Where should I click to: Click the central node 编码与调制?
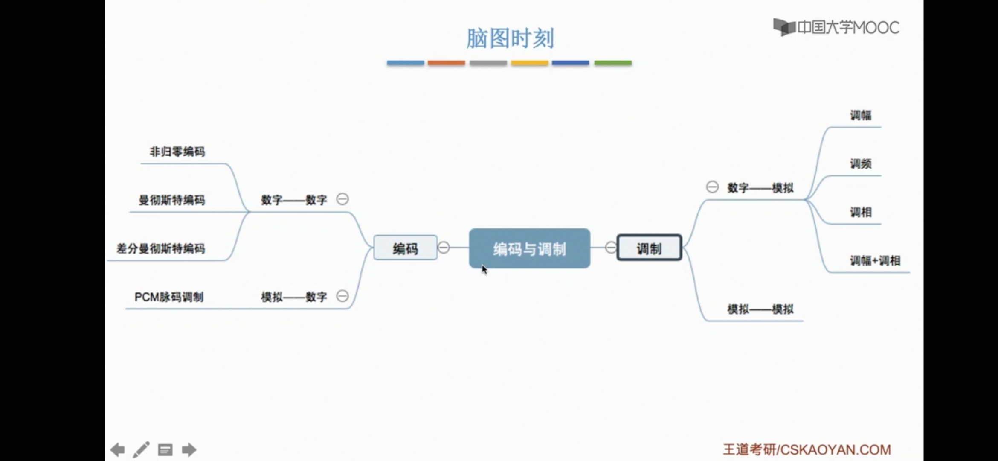pyautogui.click(x=529, y=248)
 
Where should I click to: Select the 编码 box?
pyautogui.click(x=405, y=248)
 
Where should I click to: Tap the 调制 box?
pyautogui.click(x=649, y=248)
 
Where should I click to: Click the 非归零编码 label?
pyautogui.click(x=177, y=152)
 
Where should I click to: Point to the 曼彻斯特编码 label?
pyautogui.click(x=171, y=200)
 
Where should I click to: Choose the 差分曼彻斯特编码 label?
pyautogui.click(x=161, y=248)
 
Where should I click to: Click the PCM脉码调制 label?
pyautogui.click(x=169, y=297)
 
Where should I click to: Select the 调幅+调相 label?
pyautogui.click(x=875, y=261)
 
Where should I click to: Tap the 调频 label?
pyautogui.click(x=860, y=164)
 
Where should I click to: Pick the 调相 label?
pyautogui.click(x=860, y=212)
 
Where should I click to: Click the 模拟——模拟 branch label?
pyautogui.click(x=760, y=309)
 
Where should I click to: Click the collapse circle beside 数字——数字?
pyautogui.click(x=342, y=199)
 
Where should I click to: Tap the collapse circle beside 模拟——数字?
pyautogui.click(x=342, y=296)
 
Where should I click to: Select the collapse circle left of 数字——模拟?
pyautogui.click(x=712, y=187)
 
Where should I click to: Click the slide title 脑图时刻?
pyautogui.click(x=510, y=38)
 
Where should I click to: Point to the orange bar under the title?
pyautogui.click(x=446, y=63)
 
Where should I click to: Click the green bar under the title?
pyautogui.click(x=612, y=63)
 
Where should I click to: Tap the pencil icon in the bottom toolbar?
pyautogui.click(x=141, y=449)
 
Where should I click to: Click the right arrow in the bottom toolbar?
pyautogui.click(x=189, y=449)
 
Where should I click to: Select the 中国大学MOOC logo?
pyautogui.click(x=836, y=28)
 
